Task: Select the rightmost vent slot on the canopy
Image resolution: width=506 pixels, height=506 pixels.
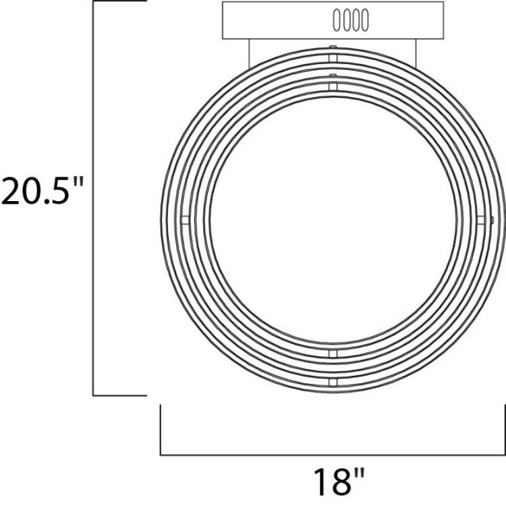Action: tap(365, 20)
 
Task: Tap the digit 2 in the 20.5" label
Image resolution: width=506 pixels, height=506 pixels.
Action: tap(16, 191)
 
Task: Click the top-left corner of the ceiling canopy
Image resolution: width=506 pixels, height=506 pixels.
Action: tap(223, 3)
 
